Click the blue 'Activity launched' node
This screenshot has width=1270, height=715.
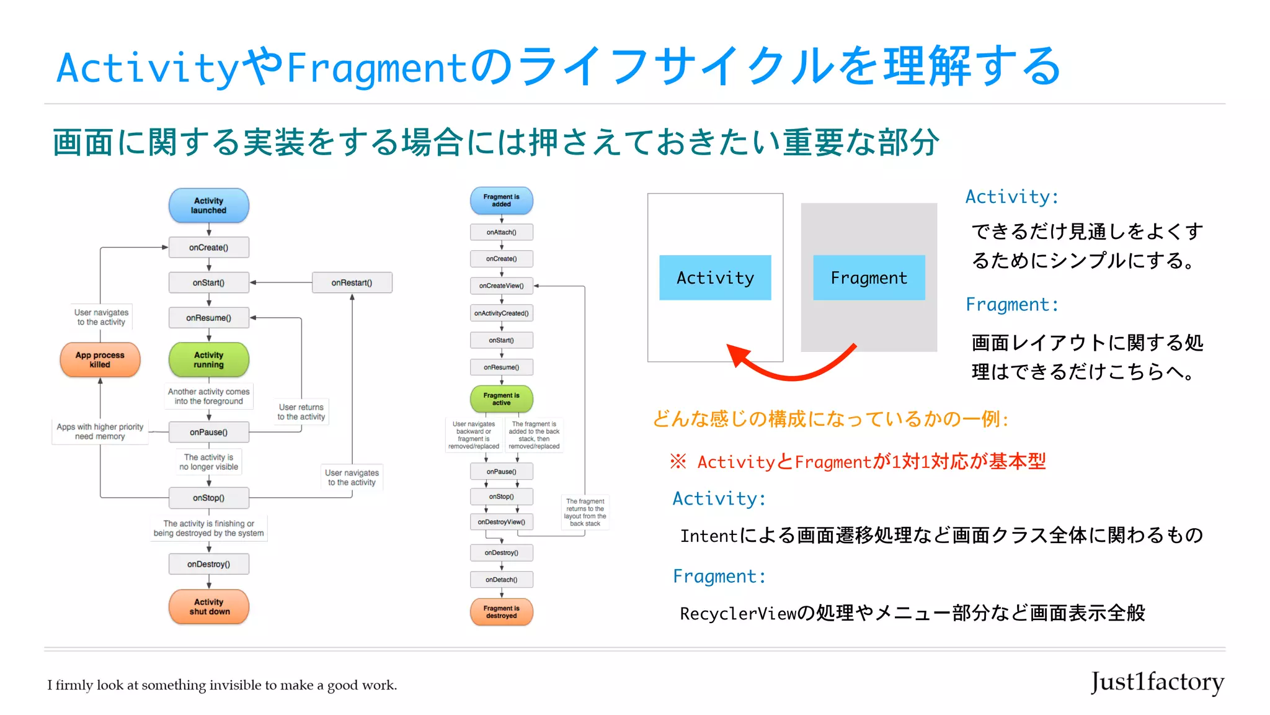208,205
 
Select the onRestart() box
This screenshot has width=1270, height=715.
352,282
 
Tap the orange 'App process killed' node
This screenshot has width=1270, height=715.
100,359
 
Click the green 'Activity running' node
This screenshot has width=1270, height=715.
208,359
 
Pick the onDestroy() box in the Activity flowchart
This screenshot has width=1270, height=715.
208,564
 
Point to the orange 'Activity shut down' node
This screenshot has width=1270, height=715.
209,606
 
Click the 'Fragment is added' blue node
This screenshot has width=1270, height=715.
501,200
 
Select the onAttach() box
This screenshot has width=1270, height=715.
501,232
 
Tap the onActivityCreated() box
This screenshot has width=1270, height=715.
501,313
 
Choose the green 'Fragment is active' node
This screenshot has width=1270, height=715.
501,399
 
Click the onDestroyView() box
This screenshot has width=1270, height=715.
501,522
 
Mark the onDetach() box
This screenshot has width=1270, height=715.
501,580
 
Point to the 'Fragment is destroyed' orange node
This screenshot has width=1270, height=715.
501,612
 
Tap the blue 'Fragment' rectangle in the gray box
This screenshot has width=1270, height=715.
869,278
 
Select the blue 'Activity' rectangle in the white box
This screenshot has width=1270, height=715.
715,278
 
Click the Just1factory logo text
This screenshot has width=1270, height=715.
1157,682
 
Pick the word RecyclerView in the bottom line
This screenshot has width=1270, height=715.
737,614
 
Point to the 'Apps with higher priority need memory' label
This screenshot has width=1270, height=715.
100,431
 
